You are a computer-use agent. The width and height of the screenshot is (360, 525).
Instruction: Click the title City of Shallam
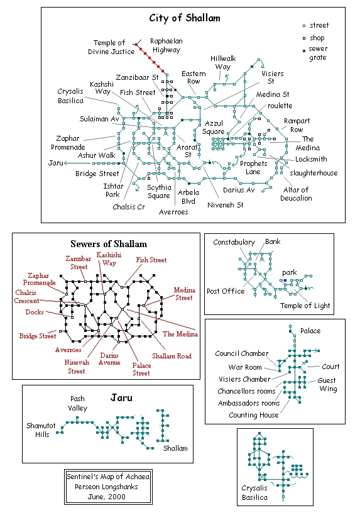click(185, 18)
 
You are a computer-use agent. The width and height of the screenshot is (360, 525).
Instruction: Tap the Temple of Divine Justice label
click(111, 47)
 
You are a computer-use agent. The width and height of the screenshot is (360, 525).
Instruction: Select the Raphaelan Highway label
click(166, 45)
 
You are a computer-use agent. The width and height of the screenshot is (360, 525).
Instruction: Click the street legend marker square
click(304, 26)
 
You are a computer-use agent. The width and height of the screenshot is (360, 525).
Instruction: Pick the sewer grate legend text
click(318, 53)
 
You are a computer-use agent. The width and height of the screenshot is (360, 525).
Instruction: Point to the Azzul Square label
click(214, 127)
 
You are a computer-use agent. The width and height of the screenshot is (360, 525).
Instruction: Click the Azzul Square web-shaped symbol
click(218, 145)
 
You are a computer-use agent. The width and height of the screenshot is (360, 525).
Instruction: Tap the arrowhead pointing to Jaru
click(65, 163)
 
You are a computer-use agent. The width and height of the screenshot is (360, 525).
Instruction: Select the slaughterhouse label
click(314, 173)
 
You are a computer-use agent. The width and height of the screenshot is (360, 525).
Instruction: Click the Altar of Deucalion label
click(296, 194)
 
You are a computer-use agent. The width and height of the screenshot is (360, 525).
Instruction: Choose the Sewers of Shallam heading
click(109, 244)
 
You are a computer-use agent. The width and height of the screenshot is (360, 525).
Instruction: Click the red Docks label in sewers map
click(35, 312)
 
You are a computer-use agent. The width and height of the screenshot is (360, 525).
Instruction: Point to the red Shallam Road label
click(172, 356)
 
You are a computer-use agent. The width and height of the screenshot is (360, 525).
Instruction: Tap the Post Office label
click(226, 291)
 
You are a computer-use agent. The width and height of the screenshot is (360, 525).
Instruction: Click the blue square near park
click(285, 280)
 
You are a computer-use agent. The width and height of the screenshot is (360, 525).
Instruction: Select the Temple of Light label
click(305, 306)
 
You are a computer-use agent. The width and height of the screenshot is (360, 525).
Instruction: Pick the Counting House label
click(254, 415)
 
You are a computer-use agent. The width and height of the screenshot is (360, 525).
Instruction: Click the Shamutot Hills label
click(41, 430)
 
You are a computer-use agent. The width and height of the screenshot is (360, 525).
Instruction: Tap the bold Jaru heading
click(121, 398)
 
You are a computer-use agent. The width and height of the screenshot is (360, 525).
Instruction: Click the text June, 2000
click(106, 497)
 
